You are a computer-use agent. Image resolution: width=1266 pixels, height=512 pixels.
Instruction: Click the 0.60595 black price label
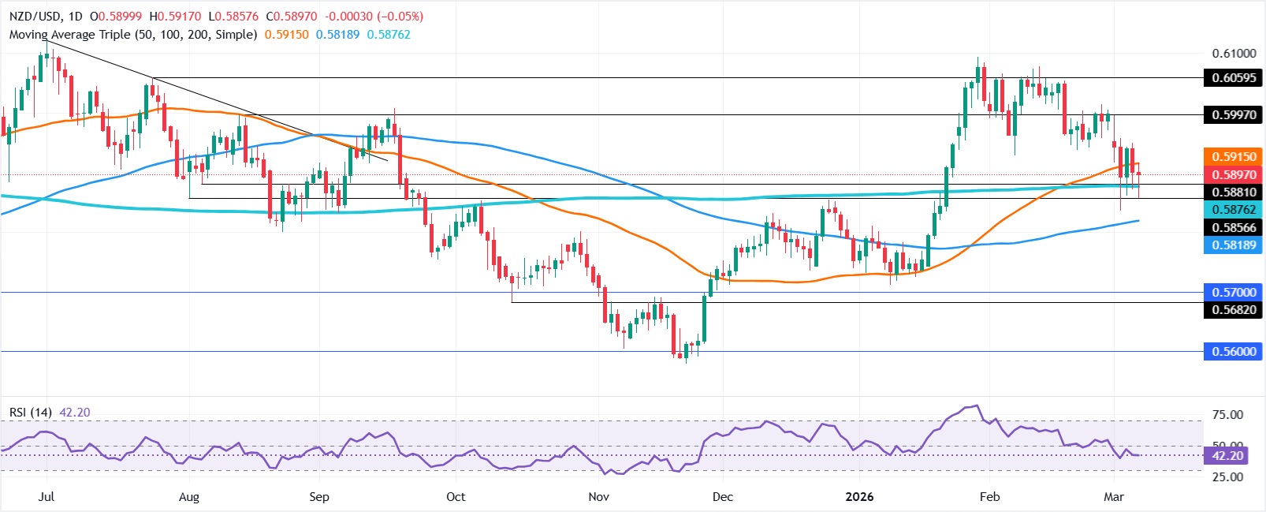point(1234,77)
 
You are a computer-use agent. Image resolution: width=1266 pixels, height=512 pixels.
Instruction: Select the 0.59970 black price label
point(1234,114)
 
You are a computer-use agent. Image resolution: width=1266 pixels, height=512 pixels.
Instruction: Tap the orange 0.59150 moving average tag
point(1234,157)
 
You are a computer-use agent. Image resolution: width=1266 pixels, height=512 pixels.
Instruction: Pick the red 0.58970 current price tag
point(1234,174)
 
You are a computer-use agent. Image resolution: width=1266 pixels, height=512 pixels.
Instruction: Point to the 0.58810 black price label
point(1234,192)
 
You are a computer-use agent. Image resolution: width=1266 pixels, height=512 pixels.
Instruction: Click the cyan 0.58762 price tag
point(1234,209)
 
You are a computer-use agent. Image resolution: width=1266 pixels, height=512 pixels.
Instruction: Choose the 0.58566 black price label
point(1234,227)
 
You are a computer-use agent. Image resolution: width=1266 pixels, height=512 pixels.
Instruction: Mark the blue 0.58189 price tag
point(1234,245)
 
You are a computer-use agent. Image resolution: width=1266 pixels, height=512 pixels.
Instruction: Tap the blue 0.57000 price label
point(1234,292)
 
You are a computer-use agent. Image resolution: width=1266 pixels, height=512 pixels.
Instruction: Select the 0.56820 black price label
point(1234,310)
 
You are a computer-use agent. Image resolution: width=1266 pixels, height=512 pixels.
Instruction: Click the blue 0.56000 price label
point(1234,352)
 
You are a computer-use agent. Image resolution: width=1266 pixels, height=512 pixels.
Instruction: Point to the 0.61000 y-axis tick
point(1234,54)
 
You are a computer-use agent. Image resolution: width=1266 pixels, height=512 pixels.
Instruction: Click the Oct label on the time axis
point(456,497)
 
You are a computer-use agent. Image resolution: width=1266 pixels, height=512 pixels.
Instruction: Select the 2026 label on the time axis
point(859,497)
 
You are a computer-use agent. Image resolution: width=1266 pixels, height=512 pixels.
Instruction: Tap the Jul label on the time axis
point(46,497)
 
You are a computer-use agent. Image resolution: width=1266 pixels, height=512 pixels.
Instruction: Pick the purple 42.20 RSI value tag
point(1227,456)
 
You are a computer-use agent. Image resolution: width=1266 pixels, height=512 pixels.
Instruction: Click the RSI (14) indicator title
point(31,413)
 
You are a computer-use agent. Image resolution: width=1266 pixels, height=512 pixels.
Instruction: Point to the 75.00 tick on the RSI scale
point(1227,415)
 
